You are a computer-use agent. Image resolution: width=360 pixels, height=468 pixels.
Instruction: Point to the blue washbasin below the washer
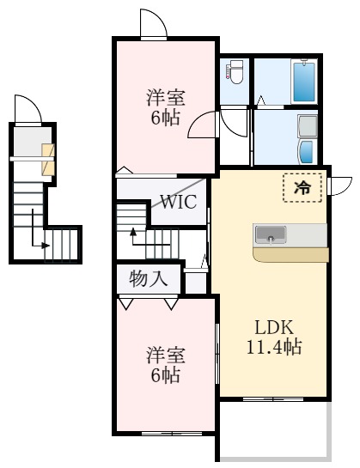pyautogui.click(x=308, y=153)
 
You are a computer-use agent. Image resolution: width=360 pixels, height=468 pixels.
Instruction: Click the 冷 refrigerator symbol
pyautogui.click(x=302, y=186)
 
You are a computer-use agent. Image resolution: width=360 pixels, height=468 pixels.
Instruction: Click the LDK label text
pyautogui.click(x=273, y=327)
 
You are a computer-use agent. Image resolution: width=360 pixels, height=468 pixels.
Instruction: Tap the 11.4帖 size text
pyautogui.click(x=273, y=347)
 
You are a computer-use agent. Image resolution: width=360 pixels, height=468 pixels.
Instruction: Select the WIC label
pyautogui.click(x=178, y=204)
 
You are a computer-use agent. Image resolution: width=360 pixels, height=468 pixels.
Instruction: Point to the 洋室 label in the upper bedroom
pyautogui.click(x=163, y=97)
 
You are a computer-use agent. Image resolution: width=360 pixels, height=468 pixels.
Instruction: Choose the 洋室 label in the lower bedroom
pyautogui.click(x=163, y=354)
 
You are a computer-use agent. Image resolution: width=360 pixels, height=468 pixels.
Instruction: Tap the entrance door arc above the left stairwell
pyautogui.click(x=27, y=110)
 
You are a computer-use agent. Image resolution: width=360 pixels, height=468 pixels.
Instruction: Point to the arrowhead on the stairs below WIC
pyautogui.click(x=133, y=231)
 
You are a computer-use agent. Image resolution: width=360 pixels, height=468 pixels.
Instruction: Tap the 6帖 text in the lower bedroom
pyautogui.click(x=163, y=374)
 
